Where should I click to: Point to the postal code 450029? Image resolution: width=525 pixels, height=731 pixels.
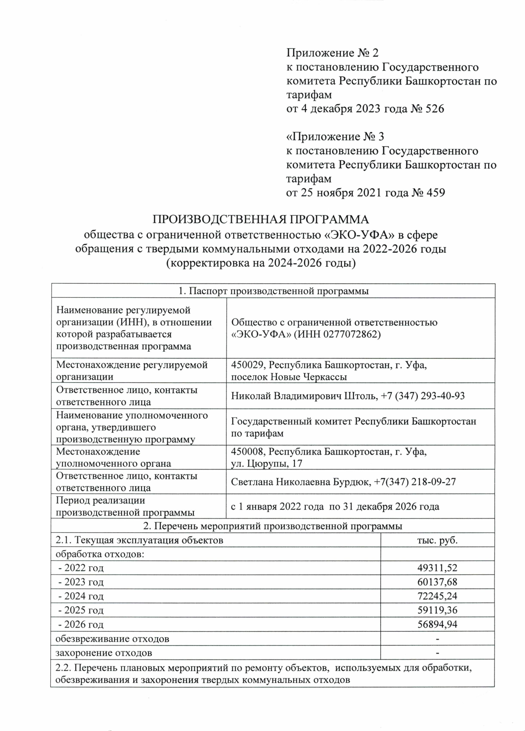(x=246, y=365)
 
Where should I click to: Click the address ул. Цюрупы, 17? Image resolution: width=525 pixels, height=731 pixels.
(x=266, y=463)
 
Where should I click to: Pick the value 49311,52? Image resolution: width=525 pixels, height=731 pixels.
(x=437, y=568)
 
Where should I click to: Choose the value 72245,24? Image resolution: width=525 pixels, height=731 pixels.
(x=437, y=596)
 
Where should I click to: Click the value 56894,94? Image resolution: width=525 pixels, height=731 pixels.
(x=437, y=624)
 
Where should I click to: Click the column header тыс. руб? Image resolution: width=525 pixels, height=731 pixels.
(x=437, y=540)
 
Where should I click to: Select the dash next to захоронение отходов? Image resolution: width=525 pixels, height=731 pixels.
(x=437, y=653)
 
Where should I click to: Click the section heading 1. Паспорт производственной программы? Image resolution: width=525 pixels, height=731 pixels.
(x=273, y=291)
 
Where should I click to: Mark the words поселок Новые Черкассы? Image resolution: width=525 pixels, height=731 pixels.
(x=289, y=377)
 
